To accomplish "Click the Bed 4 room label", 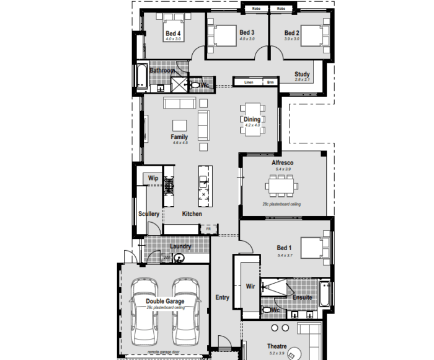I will (173, 34).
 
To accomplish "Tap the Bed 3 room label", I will (247, 32).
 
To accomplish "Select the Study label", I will (302, 74).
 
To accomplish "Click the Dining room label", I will (252, 119).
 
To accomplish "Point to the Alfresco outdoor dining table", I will (281, 185).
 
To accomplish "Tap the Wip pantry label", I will (153, 179).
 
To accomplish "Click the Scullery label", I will (149, 214).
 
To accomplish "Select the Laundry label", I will (180, 246).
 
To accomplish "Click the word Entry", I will (222, 297).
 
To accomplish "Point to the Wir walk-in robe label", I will (250, 286).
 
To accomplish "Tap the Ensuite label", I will (303, 297).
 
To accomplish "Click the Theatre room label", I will (277, 346).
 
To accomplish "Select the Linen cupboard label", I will (249, 82).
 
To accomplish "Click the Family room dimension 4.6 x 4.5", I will (179, 143).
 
